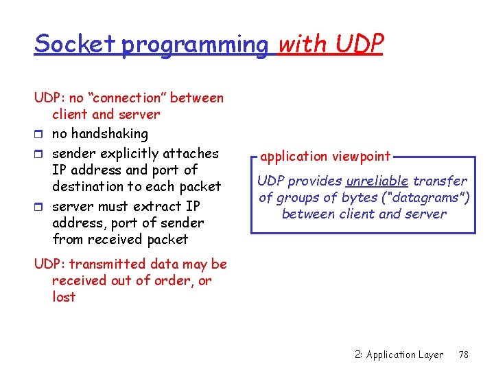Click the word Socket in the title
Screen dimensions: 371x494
click(75, 43)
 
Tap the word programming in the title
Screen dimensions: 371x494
click(196, 45)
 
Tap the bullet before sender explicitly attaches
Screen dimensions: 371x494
click(39, 154)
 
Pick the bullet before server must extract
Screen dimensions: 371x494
click(39, 207)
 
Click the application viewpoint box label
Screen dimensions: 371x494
click(325, 157)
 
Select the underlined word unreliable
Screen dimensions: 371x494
click(377, 181)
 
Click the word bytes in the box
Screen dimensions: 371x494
click(358, 198)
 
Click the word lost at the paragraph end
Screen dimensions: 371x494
click(64, 297)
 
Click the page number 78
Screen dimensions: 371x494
click(463, 355)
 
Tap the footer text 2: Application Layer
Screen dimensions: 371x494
click(399, 355)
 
